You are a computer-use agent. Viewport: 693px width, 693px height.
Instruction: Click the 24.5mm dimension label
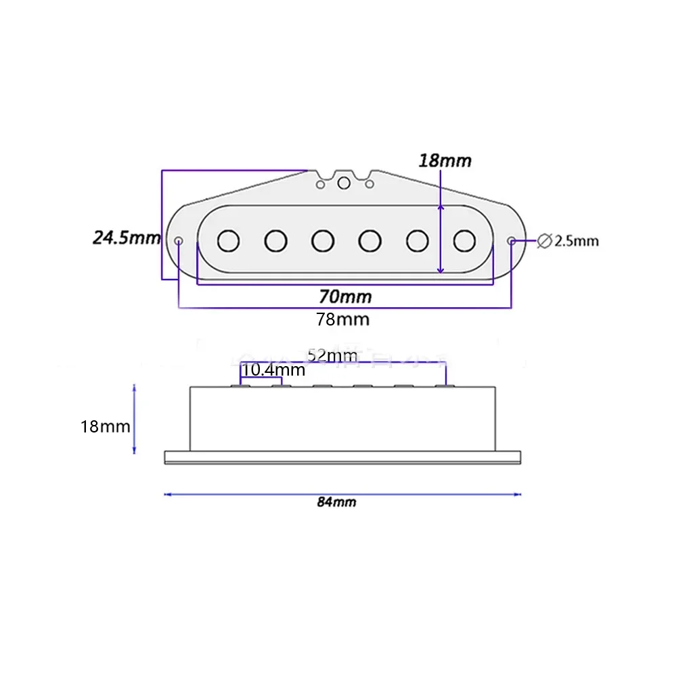pyautogui.click(x=127, y=238)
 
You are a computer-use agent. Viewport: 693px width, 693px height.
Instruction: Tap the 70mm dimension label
pyautogui.click(x=345, y=296)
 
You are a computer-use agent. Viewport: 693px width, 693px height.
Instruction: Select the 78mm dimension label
pyautogui.click(x=343, y=319)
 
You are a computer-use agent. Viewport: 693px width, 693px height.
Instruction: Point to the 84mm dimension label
pyautogui.click(x=336, y=502)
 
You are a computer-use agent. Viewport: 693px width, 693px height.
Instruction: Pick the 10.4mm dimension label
pyautogui.click(x=273, y=370)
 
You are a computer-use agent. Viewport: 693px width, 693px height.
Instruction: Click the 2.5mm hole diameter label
pyautogui.click(x=576, y=241)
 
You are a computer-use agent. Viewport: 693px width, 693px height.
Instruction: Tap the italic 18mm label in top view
pyautogui.click(x=445, y=161)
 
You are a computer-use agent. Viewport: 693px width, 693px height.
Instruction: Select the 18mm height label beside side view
pyautogui.click(x=106, y=427)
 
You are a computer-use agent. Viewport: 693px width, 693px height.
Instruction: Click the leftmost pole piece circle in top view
pyautogui.click(x=229, y=240)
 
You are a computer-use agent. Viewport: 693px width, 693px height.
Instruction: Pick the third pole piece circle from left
pyautogui.click(x=323, y=240)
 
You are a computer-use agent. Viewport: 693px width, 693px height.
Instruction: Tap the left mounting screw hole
pyautogui.click(x=179, y=240)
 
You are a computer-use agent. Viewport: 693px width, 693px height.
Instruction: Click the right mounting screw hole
pyautogui.click(x=512, y=240)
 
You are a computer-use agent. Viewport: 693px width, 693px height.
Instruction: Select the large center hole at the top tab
pyautogui.click(x=344, y=182)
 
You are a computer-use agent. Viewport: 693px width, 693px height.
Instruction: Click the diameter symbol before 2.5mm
pyautogui.click(x=544, y=241)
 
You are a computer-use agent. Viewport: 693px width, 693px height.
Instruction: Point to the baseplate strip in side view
pyautogui.click(x=344, y=458)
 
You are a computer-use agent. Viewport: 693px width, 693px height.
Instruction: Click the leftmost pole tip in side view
pyautogui.click(x=241, y=385)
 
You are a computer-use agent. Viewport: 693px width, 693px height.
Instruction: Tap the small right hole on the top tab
pyautogui.click(x=370, y=183)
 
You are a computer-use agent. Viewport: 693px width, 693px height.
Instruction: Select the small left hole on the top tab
pyautogui.click(x=320, y=183)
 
